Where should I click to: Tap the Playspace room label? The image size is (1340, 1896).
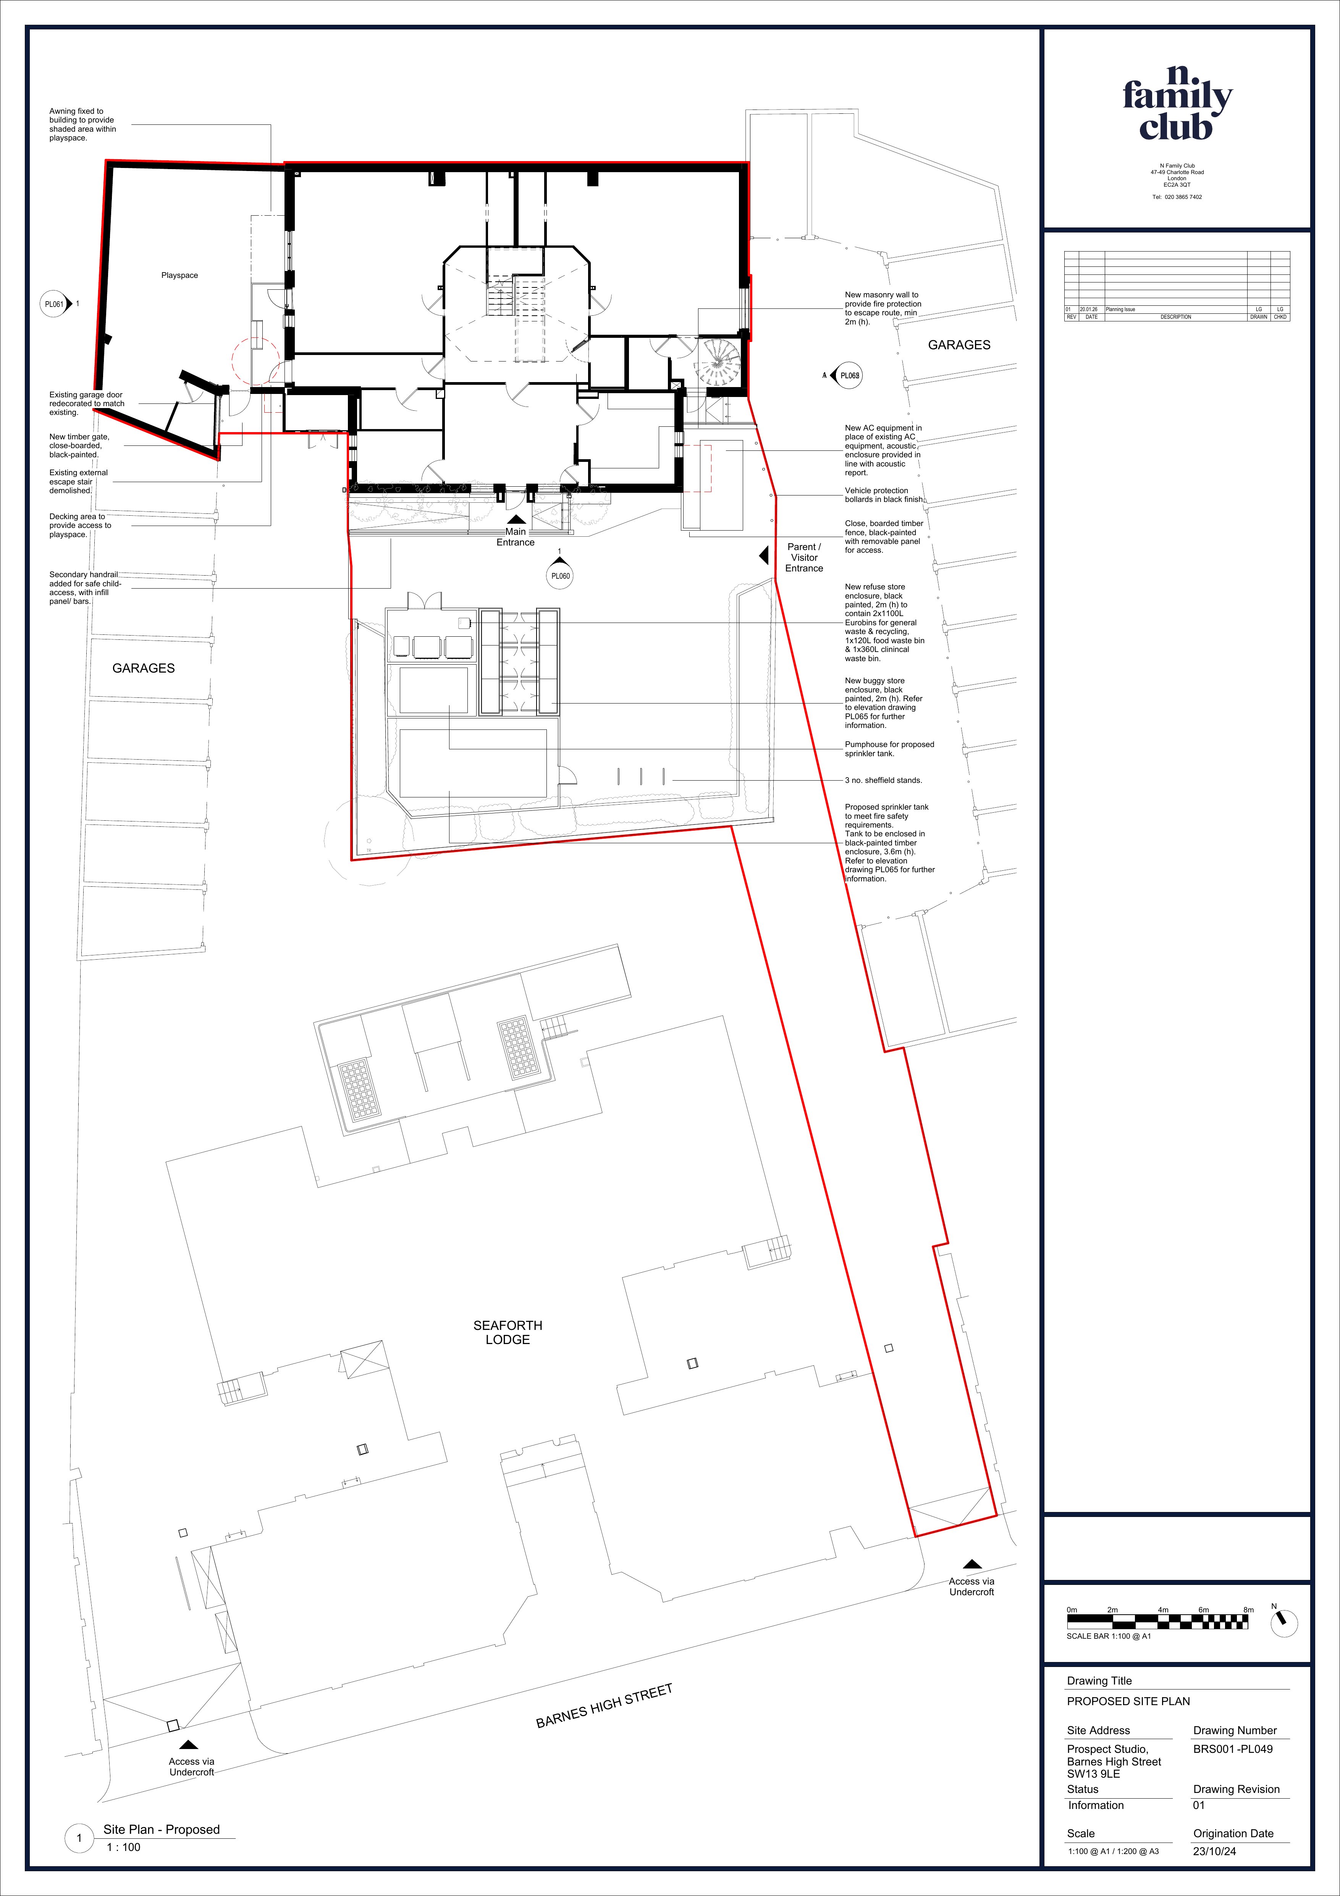(179, 275)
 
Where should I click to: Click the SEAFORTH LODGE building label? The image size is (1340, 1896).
(507, 1332)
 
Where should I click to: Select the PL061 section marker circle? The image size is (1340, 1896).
(54, 304)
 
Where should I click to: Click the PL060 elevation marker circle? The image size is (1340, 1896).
(560, 576)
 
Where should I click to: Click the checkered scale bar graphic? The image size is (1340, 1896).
(1157, 1621)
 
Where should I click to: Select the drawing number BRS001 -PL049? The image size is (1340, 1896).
(1233, 1748)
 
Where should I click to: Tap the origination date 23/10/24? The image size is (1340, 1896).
(1214, 1851)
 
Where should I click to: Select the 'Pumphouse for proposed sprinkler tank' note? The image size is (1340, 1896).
(889, 748)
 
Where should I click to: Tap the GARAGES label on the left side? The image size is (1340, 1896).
(144, 668)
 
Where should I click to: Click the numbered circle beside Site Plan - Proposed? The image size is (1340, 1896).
(79, 1837)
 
